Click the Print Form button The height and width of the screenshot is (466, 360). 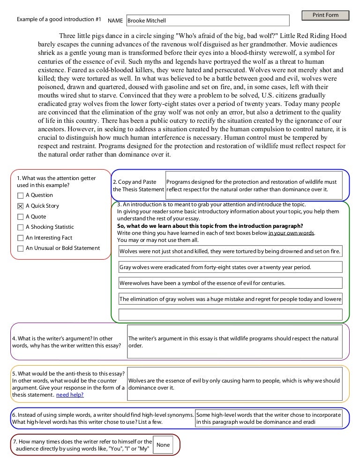click(x=325, y=15)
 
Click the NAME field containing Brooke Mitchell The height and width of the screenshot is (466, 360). click(x=208, y=21)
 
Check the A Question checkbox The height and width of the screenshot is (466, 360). click(x=20, y=195)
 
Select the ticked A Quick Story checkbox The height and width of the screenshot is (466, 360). click(x=20, y=206)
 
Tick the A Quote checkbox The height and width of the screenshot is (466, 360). click(x=20, y=217)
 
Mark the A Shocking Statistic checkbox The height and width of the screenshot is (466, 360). click(x=20, y=227)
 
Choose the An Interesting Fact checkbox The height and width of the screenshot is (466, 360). click(x=20, y=238)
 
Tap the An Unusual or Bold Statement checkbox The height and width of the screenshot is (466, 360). click(x=20, y=248)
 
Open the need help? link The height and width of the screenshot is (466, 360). click(x=70, y=395)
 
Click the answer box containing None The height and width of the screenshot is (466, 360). click(x=163, y=445)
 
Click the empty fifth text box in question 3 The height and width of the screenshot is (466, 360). click(x=230, y=314)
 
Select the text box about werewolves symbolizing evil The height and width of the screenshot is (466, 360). click(x=230, y=283)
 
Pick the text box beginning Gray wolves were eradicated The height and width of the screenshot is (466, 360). click(x=230, y=267)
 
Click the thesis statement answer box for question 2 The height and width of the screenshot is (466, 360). click(x=257, y=186)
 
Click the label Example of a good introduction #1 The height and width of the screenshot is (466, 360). click(x=59, y=20)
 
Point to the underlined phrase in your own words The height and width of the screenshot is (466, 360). click(x=291, y=233)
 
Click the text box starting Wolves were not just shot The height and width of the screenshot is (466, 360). click(x=230, y=251)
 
